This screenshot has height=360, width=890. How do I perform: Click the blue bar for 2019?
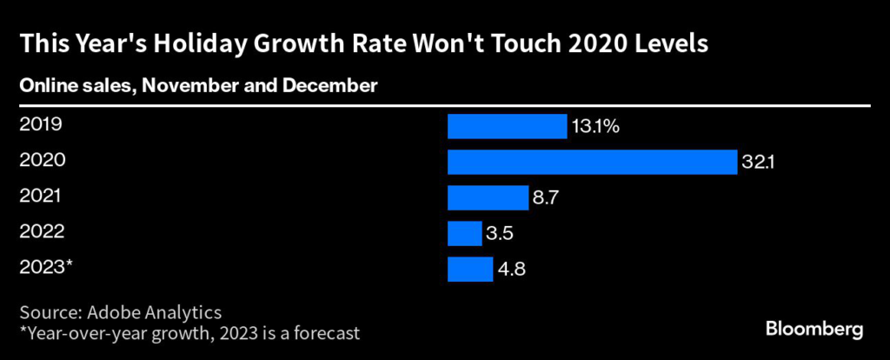(507, 126)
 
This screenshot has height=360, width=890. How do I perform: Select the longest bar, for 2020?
(593, 162)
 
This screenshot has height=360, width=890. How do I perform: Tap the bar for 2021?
(488, 197)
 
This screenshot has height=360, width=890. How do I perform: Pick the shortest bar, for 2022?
(464, 233)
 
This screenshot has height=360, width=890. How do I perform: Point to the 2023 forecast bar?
(469, 269)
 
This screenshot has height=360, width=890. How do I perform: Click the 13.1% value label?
(595, 126)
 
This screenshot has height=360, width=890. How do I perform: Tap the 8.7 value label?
(545, 197)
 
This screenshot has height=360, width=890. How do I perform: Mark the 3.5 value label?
(499, 233)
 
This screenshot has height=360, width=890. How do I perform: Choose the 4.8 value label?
(510, 269)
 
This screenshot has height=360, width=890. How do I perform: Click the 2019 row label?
(40, 124)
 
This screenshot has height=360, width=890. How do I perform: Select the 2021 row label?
(40, 196)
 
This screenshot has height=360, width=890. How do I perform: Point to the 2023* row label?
(44, 267)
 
